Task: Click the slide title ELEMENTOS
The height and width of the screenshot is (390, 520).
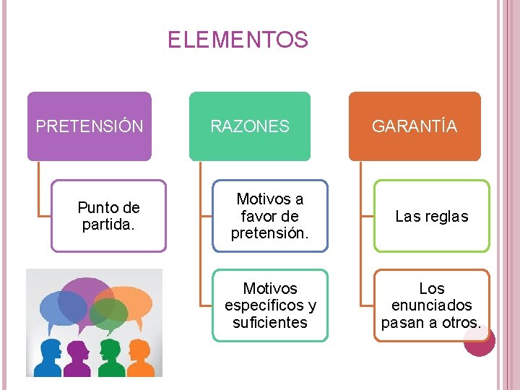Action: point(238,40)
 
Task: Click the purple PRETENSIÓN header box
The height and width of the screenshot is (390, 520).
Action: point(90,126)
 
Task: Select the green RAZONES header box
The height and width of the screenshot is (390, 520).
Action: point(250,126)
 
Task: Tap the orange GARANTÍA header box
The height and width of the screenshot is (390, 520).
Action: point(415,126)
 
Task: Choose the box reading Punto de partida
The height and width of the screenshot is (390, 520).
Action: point(108,216)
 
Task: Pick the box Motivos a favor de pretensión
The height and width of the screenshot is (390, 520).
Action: point(269,216)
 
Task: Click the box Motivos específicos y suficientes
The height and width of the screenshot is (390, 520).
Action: point(269,305)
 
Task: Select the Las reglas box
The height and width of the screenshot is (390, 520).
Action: point(431,216)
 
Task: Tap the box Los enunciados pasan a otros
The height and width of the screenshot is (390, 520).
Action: point(431,305)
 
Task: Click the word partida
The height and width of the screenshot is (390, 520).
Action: point(108,225)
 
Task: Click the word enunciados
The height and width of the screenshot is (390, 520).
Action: point(431,305)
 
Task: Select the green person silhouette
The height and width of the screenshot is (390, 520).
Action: point(110,357)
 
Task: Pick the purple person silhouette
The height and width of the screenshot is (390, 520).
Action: point(77,357)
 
